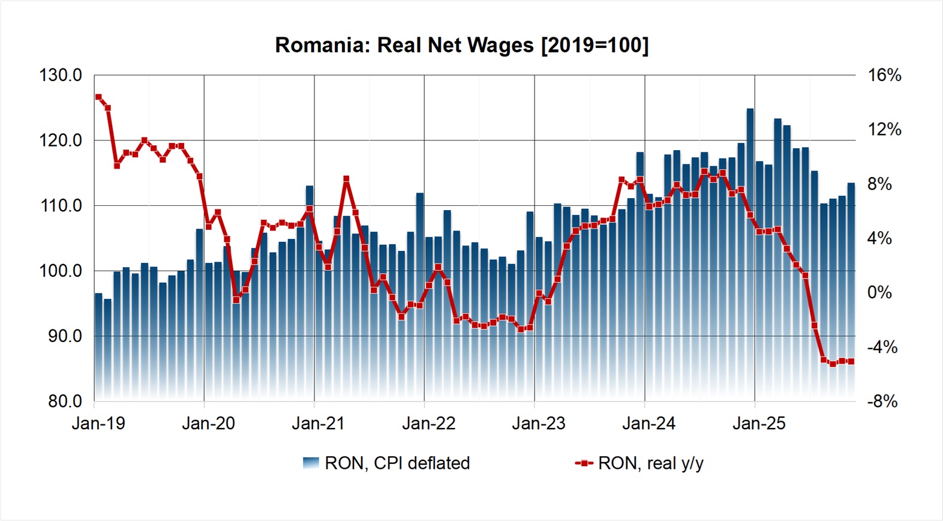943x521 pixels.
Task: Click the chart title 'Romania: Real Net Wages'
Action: click(404, 46)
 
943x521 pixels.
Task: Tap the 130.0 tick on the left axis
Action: click(61, 76)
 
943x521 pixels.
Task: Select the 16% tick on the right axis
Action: click(884, 76)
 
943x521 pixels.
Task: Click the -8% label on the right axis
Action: click(882, 401)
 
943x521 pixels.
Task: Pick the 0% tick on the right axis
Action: click(879, 293)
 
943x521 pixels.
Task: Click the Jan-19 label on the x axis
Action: click(98, 423)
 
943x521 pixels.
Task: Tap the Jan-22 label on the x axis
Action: click(428, 423)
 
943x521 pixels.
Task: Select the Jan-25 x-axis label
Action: click(759, 423)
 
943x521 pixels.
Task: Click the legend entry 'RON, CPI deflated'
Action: click(397, 463)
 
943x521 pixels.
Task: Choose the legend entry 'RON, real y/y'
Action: click(650, 463)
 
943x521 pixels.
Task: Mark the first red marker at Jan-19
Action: click(98, 97)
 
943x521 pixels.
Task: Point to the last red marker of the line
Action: click(851, 361)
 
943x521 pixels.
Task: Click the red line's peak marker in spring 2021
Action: click(346, 179)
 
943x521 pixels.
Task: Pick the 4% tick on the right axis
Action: click(879, 239)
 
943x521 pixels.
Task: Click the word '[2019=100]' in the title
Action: click(594, 46)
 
